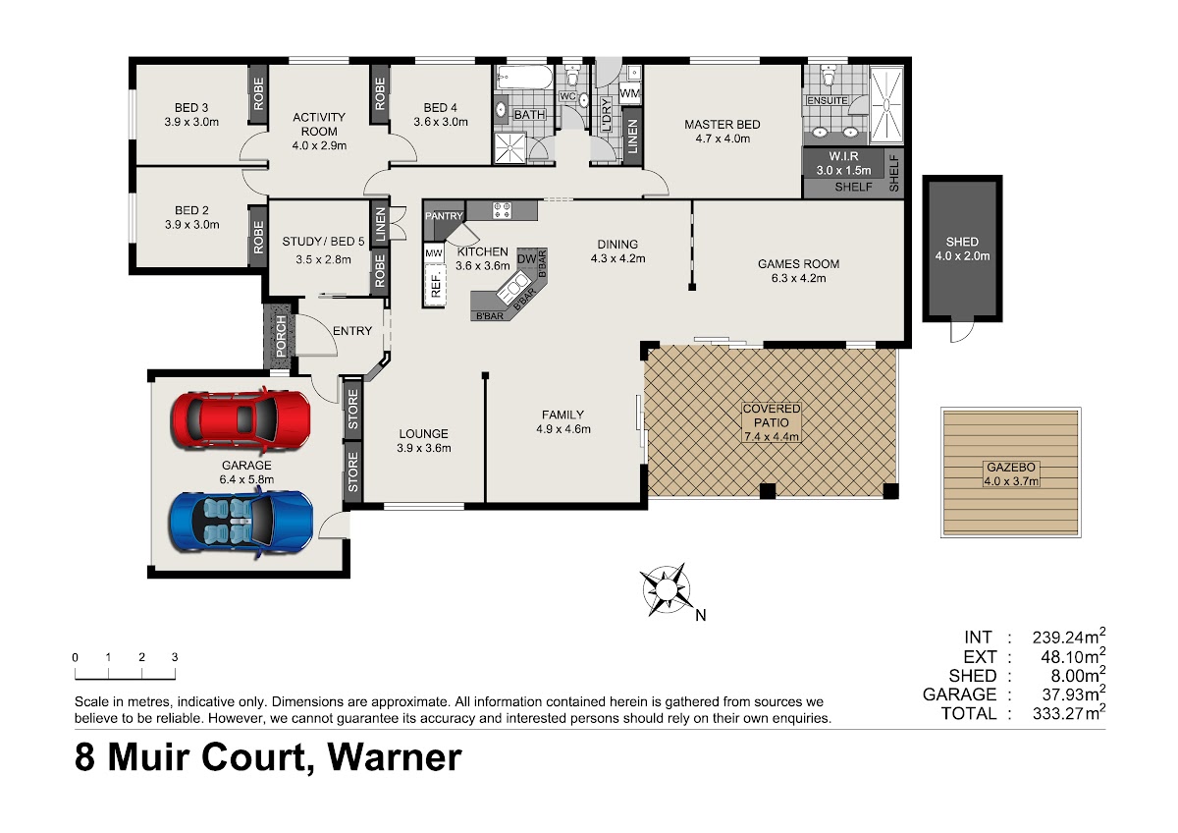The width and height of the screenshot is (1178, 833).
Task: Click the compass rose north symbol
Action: tap(666, 588)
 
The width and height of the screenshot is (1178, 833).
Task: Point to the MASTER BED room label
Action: tap(723, 125)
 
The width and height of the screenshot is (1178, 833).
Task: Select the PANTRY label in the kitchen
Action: tap(444, 216)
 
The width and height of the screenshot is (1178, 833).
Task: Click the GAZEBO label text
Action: tap(1011, 467)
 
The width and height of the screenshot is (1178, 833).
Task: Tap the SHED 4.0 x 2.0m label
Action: tap(962, 249)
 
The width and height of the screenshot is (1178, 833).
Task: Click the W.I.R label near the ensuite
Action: tap(843, 156)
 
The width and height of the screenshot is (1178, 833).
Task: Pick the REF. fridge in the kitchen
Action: tap(436, 285)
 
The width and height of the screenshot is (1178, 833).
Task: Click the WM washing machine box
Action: tap(630, 94)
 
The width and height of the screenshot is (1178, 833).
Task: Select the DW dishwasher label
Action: tap(526, 259)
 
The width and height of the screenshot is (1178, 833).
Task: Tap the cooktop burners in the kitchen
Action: tap(502, 210)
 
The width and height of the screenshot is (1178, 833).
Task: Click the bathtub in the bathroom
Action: tap(525, 80)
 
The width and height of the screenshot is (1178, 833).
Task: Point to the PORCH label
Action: tap(281, 335)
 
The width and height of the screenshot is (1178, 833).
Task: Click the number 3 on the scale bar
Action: tap(175, 657)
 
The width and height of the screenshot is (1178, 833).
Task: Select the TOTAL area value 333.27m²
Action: tap(1069, 712)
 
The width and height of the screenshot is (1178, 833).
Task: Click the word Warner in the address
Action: tap(395, 756)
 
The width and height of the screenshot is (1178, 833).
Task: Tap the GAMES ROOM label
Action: tap(798, 264)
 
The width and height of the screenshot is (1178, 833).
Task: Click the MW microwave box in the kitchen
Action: tap(434, 253)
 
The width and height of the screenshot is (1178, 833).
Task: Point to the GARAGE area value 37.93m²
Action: tap(1073, 694)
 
